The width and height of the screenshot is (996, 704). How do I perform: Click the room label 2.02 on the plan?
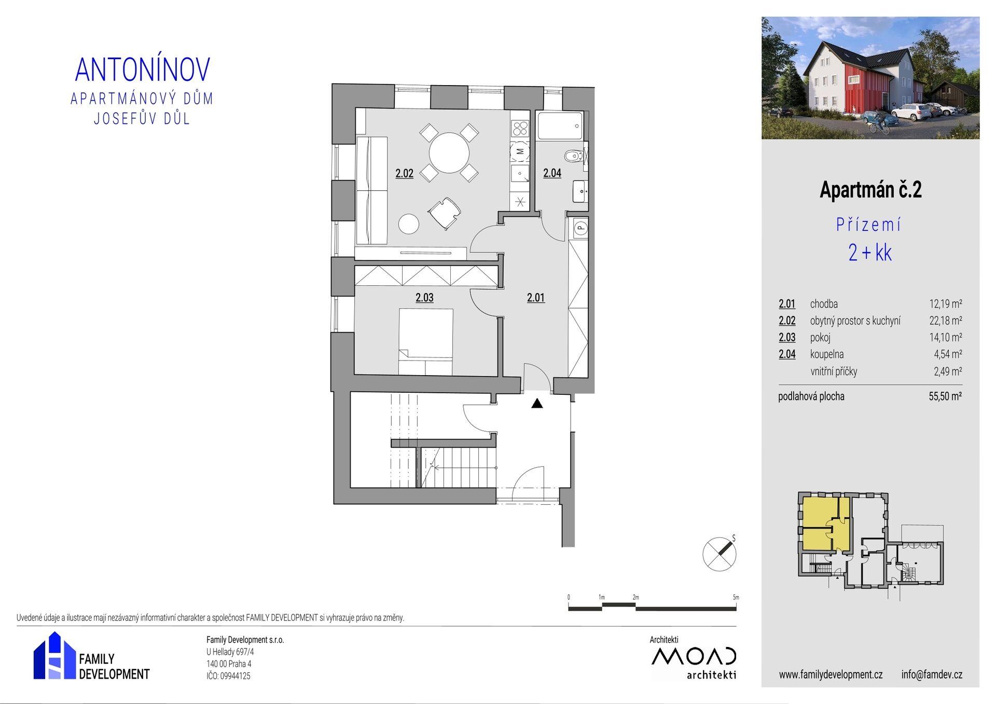(404, 173)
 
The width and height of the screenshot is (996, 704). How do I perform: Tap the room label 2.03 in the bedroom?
(424, 298)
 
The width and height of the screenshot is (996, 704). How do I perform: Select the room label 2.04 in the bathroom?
(552, 173)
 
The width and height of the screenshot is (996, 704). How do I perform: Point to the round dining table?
(449, 153)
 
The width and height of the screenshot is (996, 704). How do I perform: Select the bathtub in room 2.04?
(560, 126)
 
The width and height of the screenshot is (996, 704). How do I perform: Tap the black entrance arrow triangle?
(537, 403)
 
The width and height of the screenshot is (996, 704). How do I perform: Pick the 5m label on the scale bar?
(736, 598)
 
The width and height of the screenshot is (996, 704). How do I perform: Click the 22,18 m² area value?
(946, 321)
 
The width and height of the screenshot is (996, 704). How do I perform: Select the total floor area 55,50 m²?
(945, 396)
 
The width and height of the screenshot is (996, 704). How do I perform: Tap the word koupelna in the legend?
(827, 354)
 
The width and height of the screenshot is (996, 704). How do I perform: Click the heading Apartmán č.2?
(870, 190)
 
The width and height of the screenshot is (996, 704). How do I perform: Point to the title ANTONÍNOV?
(143, 70)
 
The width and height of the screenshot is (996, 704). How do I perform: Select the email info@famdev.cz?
(932, 674)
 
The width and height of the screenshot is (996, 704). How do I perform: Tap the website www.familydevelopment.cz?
(831, 674)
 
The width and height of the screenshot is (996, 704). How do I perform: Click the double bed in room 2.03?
(425, 341)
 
